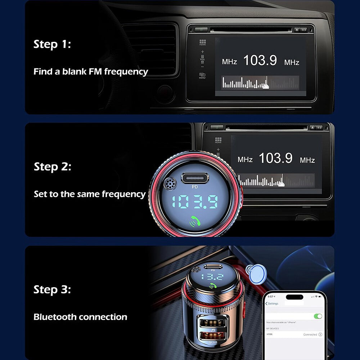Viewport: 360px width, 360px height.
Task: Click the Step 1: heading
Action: click(52, 44)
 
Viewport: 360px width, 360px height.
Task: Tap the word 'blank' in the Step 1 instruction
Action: click(74, 71)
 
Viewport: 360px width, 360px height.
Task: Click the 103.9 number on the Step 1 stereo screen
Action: click(260, 60)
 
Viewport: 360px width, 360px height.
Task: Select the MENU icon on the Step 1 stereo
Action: click(202, 76)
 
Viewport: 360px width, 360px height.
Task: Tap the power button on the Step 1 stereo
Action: click(201, 30)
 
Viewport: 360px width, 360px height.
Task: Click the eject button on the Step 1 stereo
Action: click(297, 30)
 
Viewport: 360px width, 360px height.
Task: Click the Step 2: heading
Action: click(53, 167)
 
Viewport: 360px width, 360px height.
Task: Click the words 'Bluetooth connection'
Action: click(80, 317)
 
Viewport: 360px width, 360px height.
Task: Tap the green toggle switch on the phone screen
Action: click(318, 316)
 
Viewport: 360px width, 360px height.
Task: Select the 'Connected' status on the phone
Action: click(310, 334)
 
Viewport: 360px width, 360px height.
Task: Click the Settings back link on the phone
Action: click(272, 303)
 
